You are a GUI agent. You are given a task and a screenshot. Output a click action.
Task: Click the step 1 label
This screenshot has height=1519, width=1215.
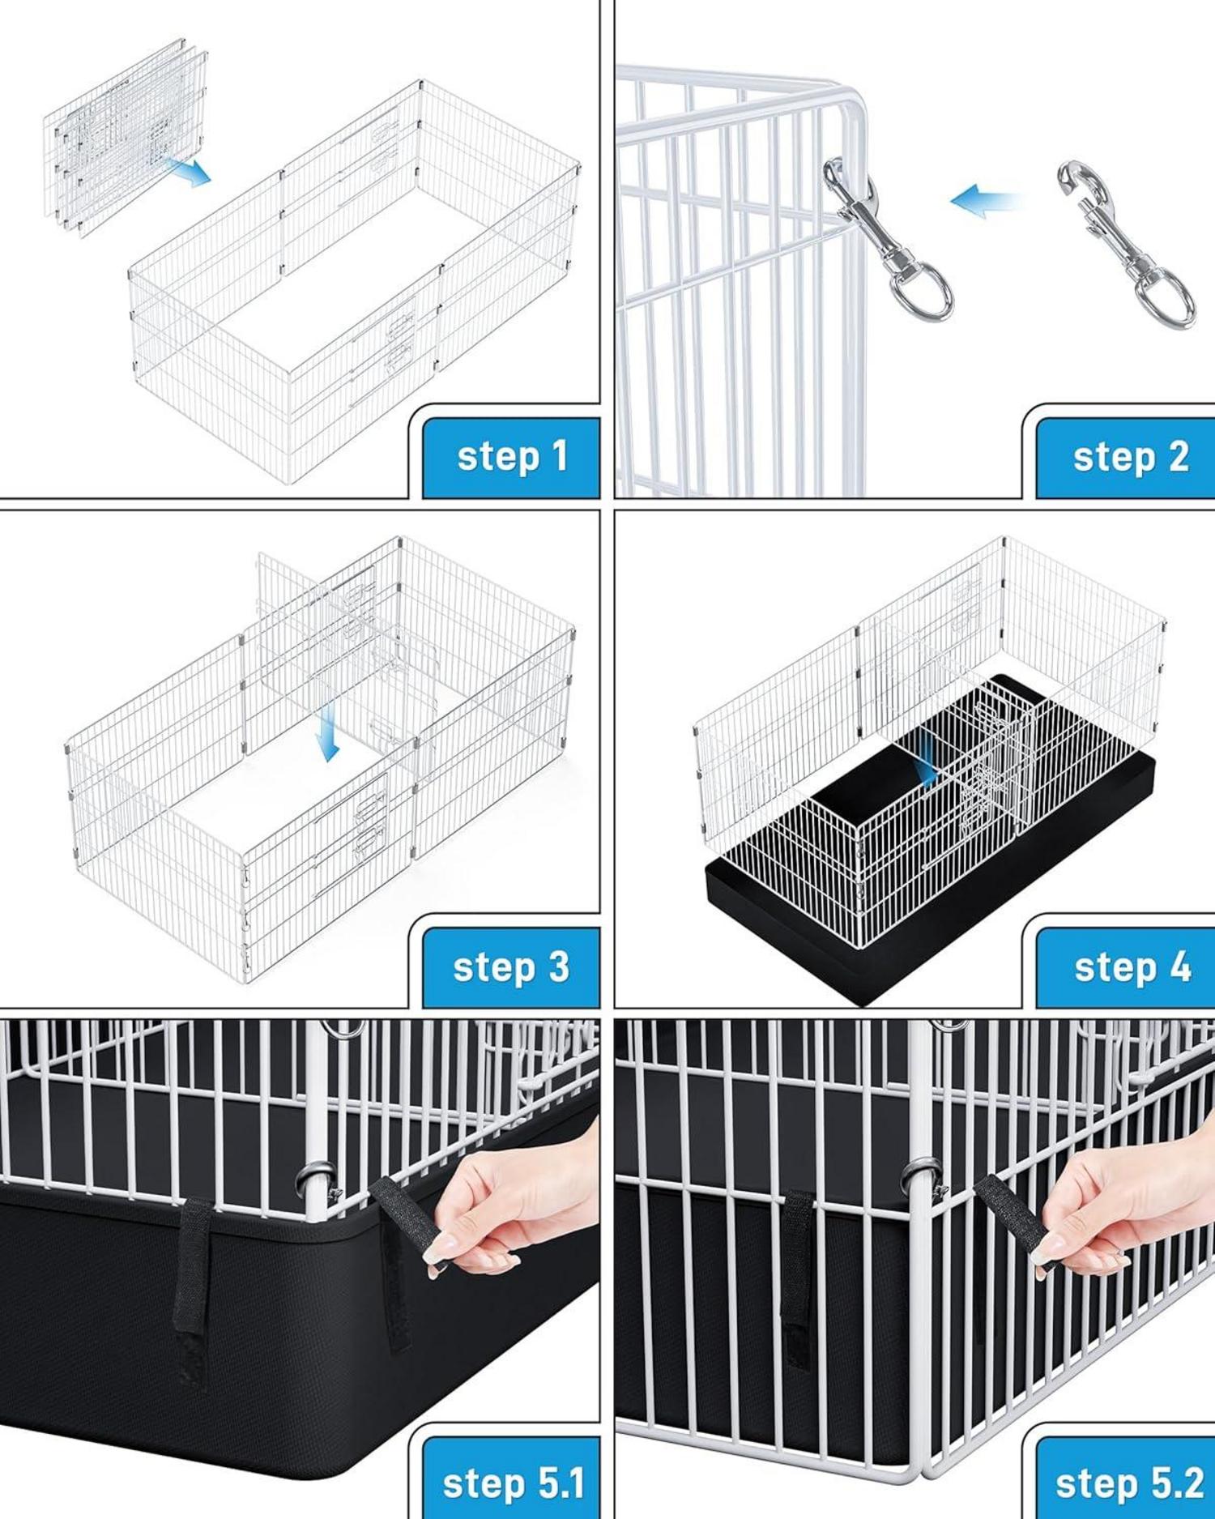coord(512,457)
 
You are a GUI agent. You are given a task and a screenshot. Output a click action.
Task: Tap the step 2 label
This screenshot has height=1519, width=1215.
coord(1131,457)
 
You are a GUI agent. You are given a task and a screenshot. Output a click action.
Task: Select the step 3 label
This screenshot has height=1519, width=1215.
coord(511,967)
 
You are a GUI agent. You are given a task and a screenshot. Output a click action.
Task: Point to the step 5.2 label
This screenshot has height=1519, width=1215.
coord(1129,1483)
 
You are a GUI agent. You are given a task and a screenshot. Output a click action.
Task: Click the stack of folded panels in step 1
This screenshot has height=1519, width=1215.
coord(126,138)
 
